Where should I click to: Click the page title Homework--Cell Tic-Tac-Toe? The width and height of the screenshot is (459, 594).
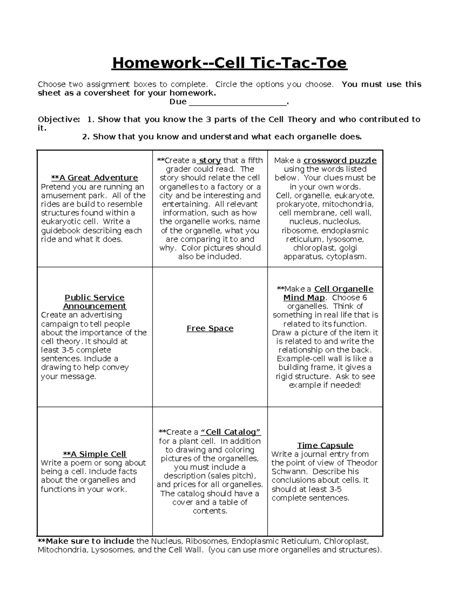pos(229,63)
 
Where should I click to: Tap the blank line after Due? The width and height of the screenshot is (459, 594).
pos(238,102)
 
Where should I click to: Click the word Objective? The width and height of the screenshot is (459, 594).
pos(59,119)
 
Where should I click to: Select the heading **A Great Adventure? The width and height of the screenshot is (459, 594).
pos(94,178)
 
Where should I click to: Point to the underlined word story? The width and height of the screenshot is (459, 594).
pos(210,160)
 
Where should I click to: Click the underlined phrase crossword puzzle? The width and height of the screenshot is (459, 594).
pos(340,160)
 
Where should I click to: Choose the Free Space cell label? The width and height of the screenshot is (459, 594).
pos(210,329)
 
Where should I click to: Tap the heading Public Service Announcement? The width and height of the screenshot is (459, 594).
pos(94,302)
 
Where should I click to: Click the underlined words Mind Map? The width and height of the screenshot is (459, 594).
pos(304,298)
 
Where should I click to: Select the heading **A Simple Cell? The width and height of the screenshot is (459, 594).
pos(94,454)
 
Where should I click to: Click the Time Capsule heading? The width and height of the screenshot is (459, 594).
pos(325,445)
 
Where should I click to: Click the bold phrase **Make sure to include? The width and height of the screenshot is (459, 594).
pos(86,541)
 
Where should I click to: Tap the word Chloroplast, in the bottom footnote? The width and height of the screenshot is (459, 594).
pos(346,541)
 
